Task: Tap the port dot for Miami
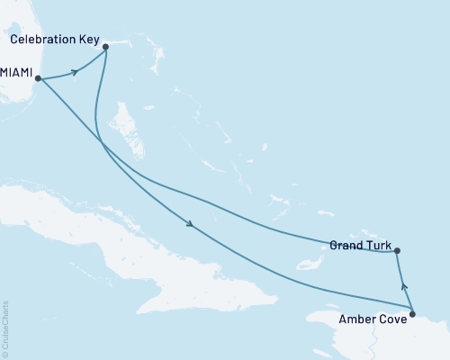click(40, 79)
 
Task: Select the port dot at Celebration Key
click(105, 46)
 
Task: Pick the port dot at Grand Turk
click(398, 252)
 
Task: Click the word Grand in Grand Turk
click(345, 245)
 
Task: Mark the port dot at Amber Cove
click(412, 314)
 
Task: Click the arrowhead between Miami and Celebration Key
click(74, 71)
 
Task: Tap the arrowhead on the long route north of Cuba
click(190, 225)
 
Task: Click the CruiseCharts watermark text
click(5, 328)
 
